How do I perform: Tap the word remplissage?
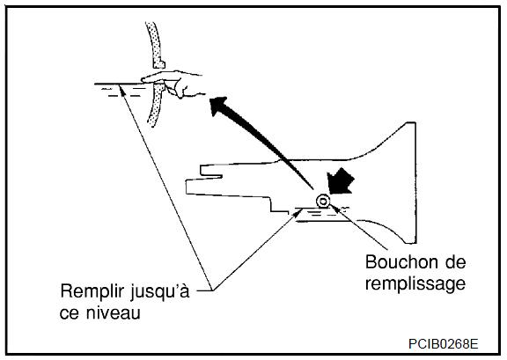(x=415, y=284)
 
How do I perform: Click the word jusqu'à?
(x=160, y=292)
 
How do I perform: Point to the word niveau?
(x=114, y=312)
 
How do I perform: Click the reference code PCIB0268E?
(x=443, y=344)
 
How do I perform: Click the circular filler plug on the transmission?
(x=322, y=202)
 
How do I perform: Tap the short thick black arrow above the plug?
(x=340, y=181)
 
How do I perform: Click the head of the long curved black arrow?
(x=220, y=107)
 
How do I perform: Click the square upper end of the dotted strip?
(x=158, y=63)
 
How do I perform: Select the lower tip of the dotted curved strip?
(x=151, y=123)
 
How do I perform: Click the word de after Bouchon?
(x=455, y=262)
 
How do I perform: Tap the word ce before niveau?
(x=70, y=313)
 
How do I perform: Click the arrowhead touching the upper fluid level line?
(x=121, y=88)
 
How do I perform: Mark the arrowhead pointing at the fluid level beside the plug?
(x=298, y=212)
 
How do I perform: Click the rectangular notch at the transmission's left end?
(x=211, y=171)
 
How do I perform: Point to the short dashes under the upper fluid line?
(x=124, y=92)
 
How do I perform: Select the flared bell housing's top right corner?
(x=415, y=122)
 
